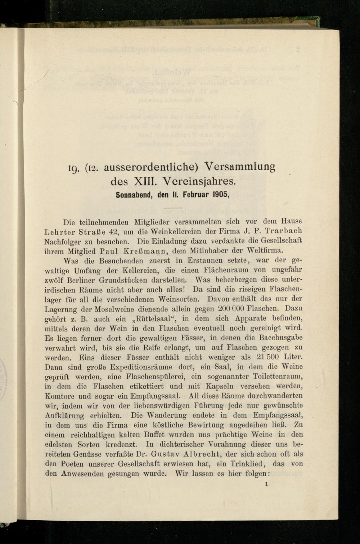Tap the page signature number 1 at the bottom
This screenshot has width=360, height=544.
266,484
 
